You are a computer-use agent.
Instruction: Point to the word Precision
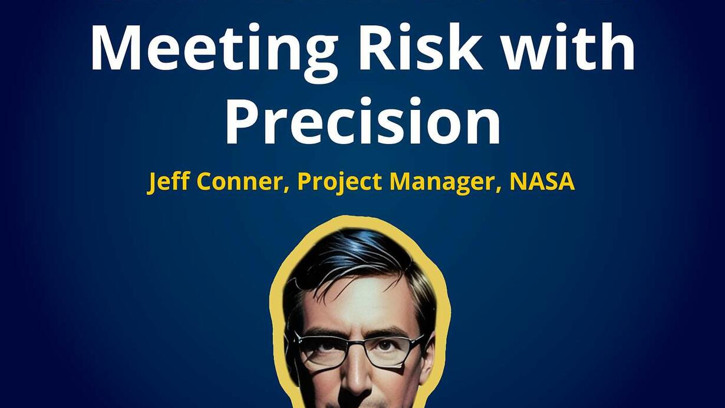pyautogui.click(x=363, y=120)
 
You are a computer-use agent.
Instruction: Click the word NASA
pyautogui.click(x=542, y=181)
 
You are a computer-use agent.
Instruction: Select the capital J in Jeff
pyautogui.click(x=153, y=183)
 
